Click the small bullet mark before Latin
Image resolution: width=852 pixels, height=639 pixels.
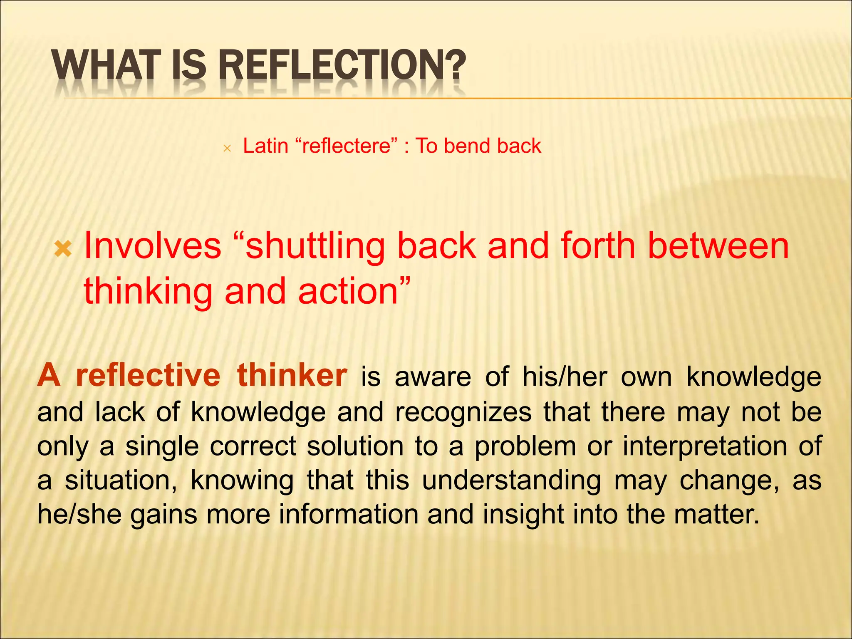[227, 148]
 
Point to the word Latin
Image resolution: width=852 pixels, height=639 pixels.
[265, 146]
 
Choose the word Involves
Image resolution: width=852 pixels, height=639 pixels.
[152, 246]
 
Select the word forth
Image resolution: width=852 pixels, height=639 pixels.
[598, 246]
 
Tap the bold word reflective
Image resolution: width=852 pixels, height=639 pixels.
[148, 376]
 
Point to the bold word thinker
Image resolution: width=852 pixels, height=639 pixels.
[292, 376]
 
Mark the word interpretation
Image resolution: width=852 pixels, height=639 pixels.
[705, 447]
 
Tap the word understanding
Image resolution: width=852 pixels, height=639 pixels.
[511, 481]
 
